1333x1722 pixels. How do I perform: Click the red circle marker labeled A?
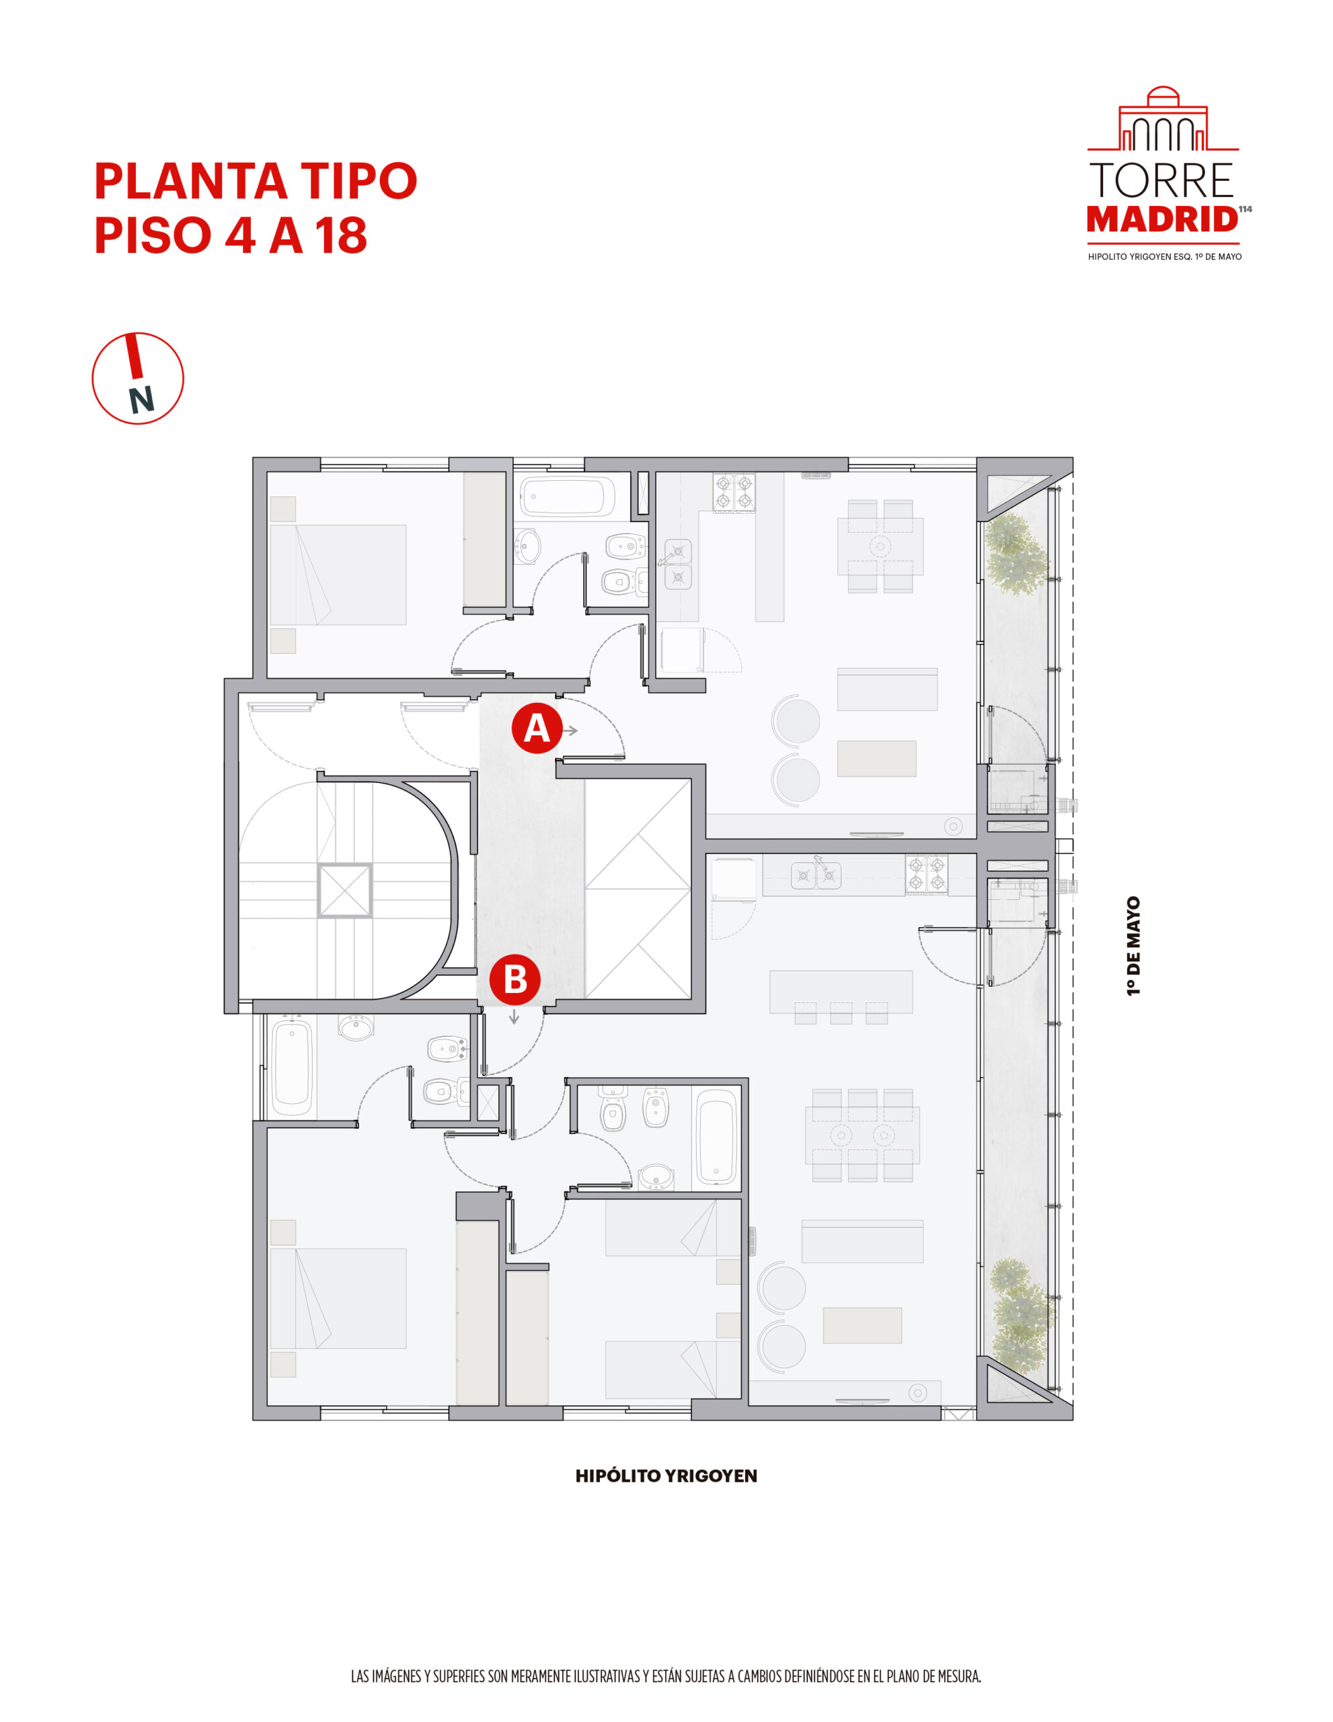click(536, 728)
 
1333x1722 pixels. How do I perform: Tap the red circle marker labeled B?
click(514, 979)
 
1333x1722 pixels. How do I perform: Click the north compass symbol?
click(138, 379)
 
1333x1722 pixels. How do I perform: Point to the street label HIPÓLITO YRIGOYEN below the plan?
click(665, 1476)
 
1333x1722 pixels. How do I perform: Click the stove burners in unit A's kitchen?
click(733, 491)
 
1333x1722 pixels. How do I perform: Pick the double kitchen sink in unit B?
click(815, 874)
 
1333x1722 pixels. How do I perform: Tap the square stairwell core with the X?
click(344, 890)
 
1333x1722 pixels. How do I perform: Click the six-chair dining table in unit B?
click(862, 1135)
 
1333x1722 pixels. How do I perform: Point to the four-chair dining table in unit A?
click(880, 546)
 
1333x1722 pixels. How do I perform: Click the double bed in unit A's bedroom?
click(338, 575)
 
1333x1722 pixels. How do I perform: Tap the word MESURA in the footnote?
click(956, 1676)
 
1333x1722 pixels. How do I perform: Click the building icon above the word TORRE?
click(1163, 120)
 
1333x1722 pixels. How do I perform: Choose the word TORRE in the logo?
click(1161, 180)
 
